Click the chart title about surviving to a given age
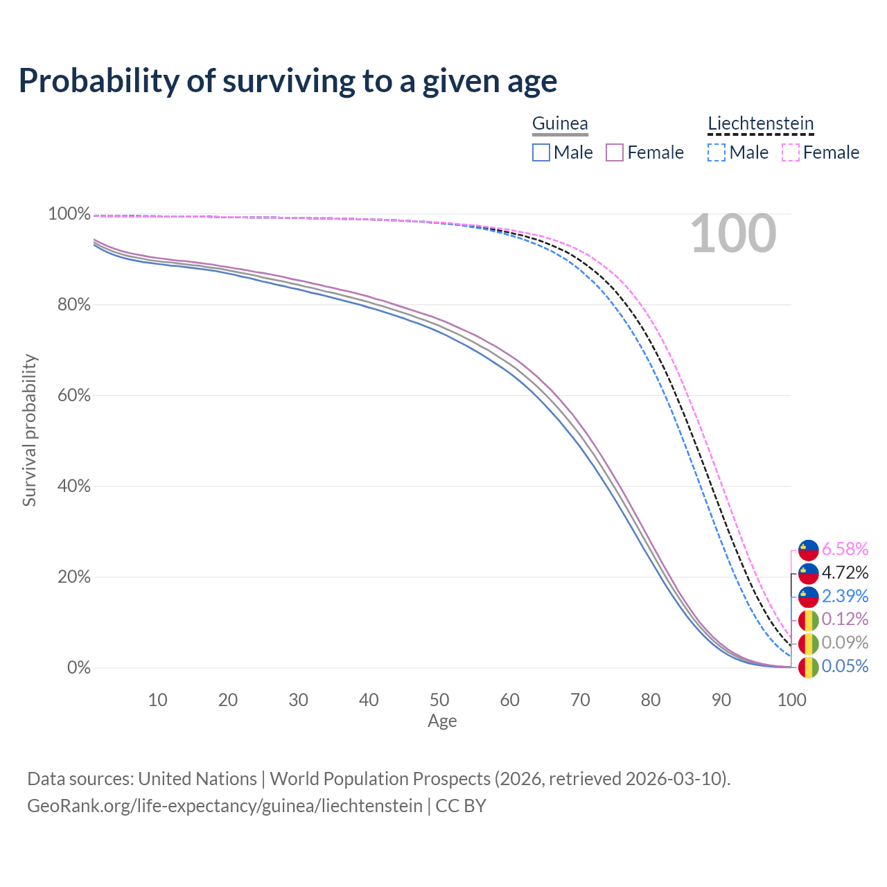288,81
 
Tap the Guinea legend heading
560,124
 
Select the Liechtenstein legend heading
760,124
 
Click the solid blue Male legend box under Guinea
541,152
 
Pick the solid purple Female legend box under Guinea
615,152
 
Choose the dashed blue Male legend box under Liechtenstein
717,152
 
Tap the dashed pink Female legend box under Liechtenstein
791,152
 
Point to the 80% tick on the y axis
69,305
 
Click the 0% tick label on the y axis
78,668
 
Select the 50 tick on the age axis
439,700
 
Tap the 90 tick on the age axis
721,700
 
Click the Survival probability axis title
29,430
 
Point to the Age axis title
442,721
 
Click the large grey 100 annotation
733,234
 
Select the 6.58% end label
845,550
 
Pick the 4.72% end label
845,573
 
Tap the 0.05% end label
845,667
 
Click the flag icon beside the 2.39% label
809,597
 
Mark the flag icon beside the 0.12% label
809,620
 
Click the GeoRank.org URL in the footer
225,806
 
